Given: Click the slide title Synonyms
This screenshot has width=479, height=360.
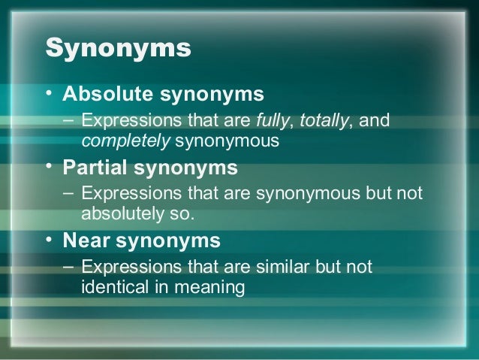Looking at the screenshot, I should click(x=119, y=49).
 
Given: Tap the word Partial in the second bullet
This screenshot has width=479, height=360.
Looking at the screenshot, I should click(x=96, y=167).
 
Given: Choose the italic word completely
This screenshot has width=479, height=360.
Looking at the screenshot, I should click(x=113, y=140).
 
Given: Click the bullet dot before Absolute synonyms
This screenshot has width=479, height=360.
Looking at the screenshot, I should click(x=50, y=95).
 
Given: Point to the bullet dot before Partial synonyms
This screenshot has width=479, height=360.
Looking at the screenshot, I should click(x=50, y=167).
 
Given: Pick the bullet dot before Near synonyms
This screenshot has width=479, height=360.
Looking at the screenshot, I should click(x=50, y=241).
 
